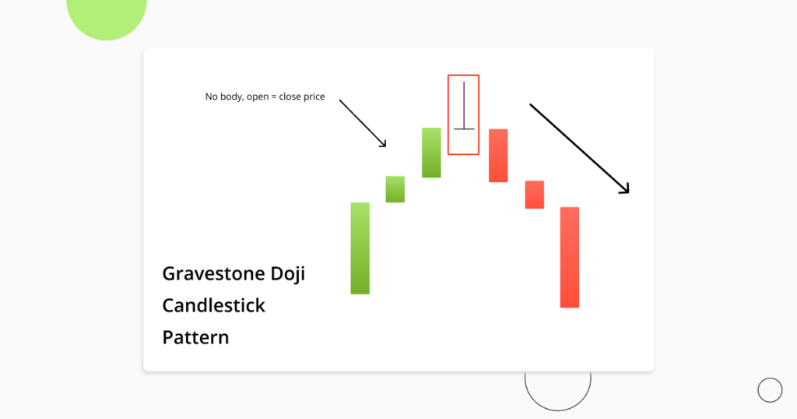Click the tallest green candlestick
(x=360, y=248)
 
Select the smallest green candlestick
(x=395, y=189)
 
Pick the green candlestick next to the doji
(x=431, y=153)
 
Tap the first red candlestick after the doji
(x=498, y=156)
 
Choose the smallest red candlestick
(x=534, y=195)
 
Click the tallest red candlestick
(x=569, y=257)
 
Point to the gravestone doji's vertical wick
(x=464, y=103)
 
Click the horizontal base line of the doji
(x=464, y=129)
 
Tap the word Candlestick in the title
(x=213, y=305)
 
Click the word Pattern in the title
(x=195, y=338)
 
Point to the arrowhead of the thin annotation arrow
(x=383, y=143)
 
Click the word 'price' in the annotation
(x=312, y=97)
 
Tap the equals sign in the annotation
(x=272, y=97)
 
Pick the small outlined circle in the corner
(x=770, y=390)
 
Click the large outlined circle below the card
(x=557, y=382)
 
